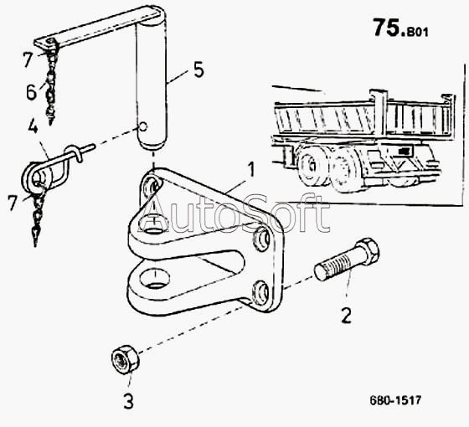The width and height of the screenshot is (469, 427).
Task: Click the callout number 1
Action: point(251,169)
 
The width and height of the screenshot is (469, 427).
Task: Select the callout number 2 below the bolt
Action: point(346,315)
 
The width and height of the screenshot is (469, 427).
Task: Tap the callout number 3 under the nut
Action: point(129,401)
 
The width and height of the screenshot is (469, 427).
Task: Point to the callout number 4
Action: point(33,126)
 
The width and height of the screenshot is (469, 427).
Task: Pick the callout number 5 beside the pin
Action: point(198,70)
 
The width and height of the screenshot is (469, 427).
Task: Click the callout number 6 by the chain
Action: point(32,92)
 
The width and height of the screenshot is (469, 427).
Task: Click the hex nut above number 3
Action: point(126,358)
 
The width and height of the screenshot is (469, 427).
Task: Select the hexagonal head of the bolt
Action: point(367,251)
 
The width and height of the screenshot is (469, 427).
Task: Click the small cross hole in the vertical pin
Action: point(143,126)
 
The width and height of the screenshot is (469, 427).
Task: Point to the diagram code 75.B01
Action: point(401,28)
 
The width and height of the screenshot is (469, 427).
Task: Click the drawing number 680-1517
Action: point(395,400)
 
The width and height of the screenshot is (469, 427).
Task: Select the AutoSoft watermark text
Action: point(234,213)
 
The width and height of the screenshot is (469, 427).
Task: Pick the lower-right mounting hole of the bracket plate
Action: point(260,294)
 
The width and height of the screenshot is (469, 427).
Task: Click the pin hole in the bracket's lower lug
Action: point(154,278)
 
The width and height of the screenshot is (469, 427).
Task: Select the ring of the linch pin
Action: point(37,176)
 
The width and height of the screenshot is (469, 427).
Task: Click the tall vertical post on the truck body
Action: point(379,114)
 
